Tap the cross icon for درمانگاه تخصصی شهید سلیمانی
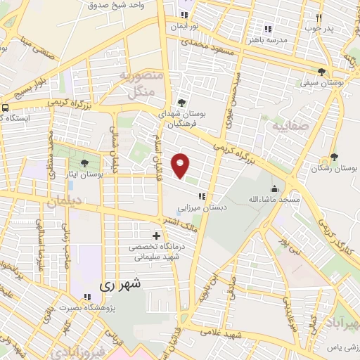(x=155, y=235)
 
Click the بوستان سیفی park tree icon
(x=321, y=72)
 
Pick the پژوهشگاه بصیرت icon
(x=86, y=297)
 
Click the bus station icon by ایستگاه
(x=5, y=108)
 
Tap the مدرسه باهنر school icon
(x=267, y=29)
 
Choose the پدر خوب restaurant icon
(x=319, y=18)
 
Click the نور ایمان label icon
(x=184, y=15)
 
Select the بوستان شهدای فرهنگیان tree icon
(x=182, y=101)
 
